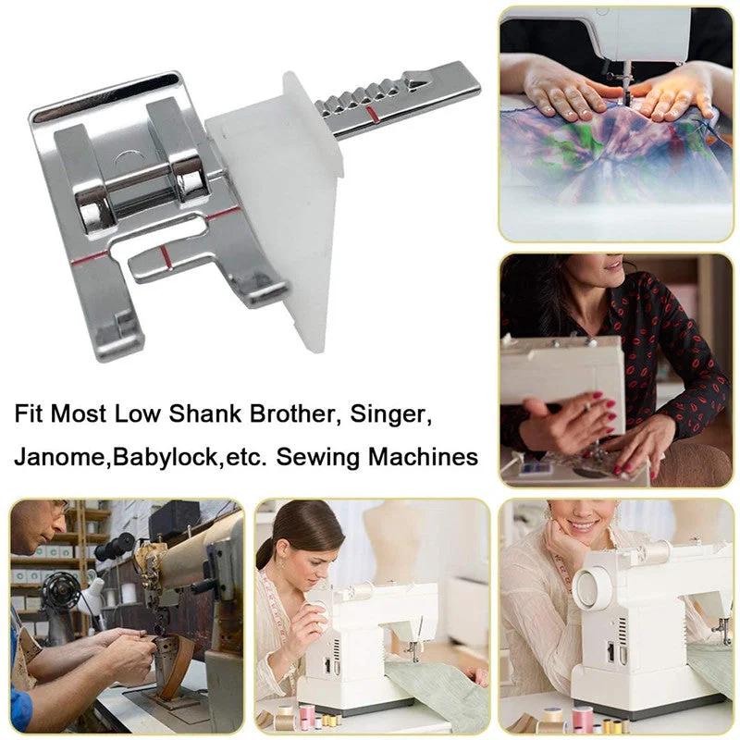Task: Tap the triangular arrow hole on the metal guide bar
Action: point(414,82)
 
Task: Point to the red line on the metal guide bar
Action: point(372,115)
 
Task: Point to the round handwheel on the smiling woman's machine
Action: point(592,587)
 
